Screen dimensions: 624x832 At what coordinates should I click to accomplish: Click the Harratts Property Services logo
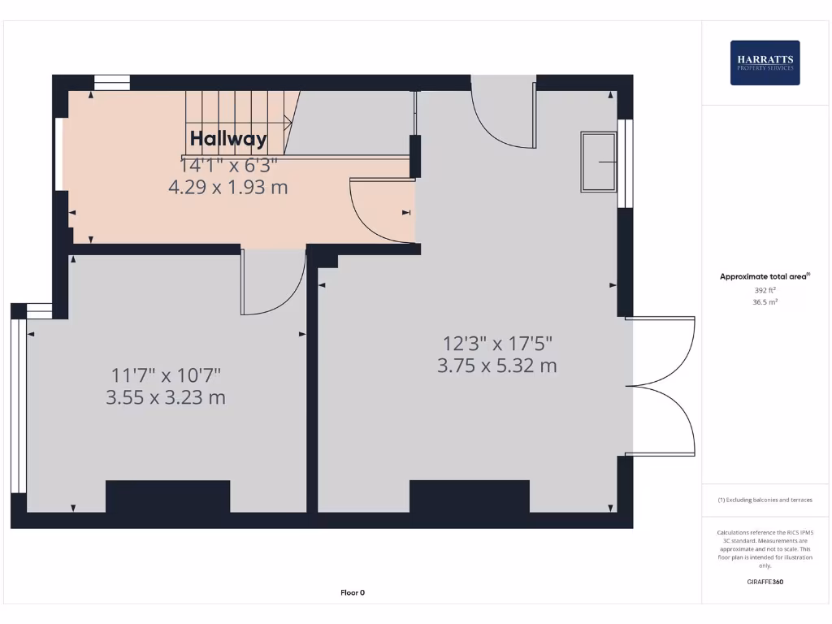point(765,63)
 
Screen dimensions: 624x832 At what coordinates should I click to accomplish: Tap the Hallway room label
point(228,139)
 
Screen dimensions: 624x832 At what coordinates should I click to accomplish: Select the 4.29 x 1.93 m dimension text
point(228,188)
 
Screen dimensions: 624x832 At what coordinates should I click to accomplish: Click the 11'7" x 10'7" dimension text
point(166,375)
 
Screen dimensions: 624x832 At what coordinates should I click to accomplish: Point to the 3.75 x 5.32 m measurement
point(496,366)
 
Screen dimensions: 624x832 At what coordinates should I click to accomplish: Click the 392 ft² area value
point(765,289)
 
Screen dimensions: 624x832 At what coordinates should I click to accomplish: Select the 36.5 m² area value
point(765,301)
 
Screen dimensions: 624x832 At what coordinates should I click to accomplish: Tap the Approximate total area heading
point(765,276)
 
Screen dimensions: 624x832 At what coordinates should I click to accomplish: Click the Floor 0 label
point(353,592)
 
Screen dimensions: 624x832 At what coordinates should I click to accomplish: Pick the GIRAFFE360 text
point(765,582)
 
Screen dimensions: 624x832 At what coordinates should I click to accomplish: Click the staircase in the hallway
point(237,122)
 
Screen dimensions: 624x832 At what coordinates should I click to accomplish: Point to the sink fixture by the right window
point(598,162)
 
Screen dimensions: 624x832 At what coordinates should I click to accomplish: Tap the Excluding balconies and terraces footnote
point(765,500)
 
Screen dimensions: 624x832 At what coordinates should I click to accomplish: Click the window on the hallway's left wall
point(59,154)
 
